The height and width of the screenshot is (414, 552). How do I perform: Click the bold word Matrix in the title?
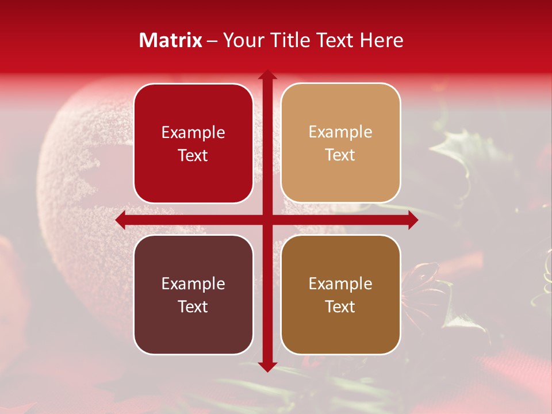[171, 40]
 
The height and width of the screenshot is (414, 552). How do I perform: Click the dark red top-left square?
[193, 143]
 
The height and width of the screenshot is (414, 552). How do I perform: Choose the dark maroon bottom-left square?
[193, 294]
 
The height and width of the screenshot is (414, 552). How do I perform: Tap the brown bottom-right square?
[340, 294]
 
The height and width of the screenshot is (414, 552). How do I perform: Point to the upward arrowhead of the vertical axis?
[267, 75]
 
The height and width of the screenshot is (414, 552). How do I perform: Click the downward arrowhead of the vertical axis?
[267, 366]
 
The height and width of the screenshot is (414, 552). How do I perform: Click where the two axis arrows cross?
[267, 220]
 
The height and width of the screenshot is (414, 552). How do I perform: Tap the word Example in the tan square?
[340, 132]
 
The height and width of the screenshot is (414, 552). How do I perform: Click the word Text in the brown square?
[340, 306]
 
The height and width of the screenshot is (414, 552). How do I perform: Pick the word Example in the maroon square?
[193, 283]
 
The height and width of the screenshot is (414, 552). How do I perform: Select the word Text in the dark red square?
[193, 155]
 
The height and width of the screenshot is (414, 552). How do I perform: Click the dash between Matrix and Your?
[213, 41]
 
